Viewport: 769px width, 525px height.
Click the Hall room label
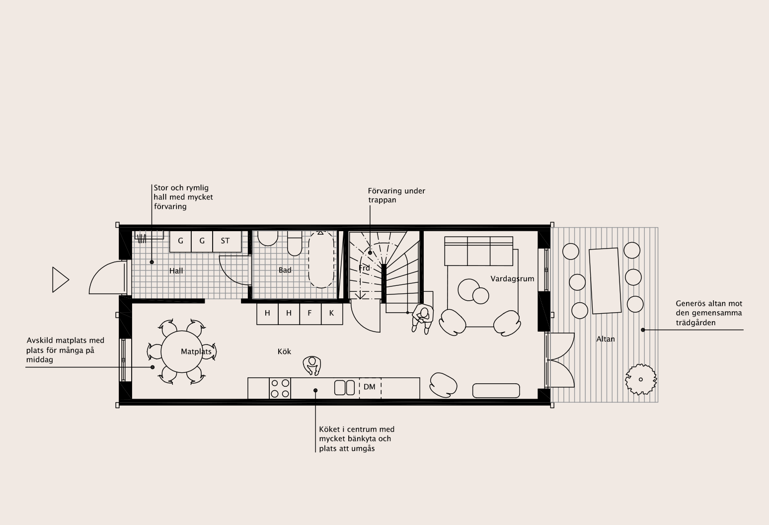pos(176,271)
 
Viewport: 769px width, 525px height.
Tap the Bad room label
pos(285,270)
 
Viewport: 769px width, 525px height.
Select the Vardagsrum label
pos(512,278)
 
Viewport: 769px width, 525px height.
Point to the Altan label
pos(606,339)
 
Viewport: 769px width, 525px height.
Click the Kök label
pos(284,351)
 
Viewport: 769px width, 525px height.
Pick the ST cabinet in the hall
pos(227,242)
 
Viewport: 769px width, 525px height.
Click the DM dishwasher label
pos(370,387)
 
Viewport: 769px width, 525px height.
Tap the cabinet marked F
pos(310,314)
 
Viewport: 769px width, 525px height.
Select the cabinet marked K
pos(332,314)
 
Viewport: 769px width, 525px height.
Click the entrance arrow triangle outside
pos(60,280)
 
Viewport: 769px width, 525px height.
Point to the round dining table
pos(182,351)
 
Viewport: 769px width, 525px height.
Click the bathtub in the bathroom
pos(321,260)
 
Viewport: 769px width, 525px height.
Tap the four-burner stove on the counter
pos(280,388)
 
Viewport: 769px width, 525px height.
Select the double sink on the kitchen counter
pos(344,388)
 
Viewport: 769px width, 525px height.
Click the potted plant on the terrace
pos(641,379)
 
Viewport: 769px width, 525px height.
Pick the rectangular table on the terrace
pos(605,281)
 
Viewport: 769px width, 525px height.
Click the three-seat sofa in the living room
pos(478,251)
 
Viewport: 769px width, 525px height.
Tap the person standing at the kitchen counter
pos(311,365)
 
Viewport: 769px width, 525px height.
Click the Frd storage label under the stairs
pos(364,268)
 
